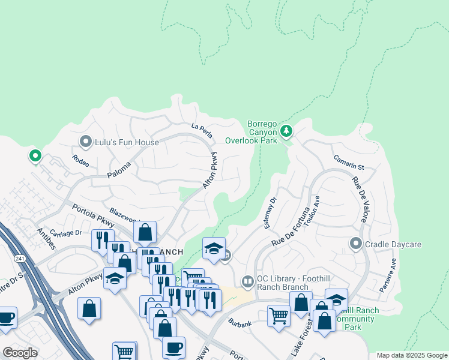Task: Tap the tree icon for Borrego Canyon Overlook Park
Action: [x=286, y=130]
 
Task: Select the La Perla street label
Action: [x=202, y=127]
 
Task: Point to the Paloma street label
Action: [x=119, y=170]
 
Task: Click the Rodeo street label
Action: [x=80, y=161]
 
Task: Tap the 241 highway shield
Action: [x=19, y=257]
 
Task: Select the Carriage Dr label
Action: [x=65, y=233]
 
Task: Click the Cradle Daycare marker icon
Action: [x=355, y=244]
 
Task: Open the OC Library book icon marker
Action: [x=247, y=281]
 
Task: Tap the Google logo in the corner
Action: [x=20, y=352]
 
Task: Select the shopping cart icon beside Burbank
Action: [x=279, y=315]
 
